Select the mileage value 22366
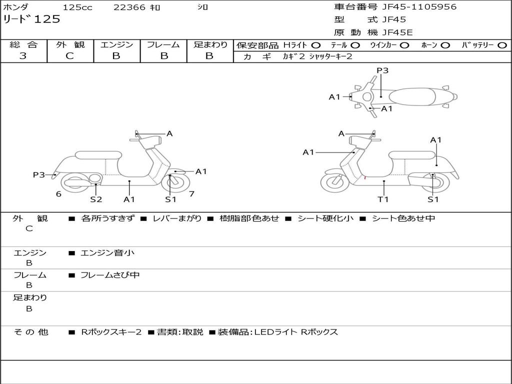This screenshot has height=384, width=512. (x=129, y=7)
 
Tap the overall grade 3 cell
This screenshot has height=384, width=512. (x=23, y=56)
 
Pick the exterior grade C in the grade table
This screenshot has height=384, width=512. (x=69, y=56)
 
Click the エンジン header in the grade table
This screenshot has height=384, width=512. (x=116, y=44)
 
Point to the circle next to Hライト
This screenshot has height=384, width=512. (x=316, y=45)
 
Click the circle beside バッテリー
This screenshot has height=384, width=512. (x=502, y=45)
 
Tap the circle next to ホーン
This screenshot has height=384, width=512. (x=445, y=45)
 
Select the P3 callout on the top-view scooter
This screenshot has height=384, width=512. (x=382, y=70)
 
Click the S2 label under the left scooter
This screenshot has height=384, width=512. (x=96, y=199)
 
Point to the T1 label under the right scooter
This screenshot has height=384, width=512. (x=383, y=199)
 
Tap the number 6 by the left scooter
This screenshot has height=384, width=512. (x=58, y=194)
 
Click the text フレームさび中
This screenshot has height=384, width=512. (x=110, y=275)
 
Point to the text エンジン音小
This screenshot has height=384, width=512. (x=107, y=253)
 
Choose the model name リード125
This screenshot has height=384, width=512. (x=31, y=19)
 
